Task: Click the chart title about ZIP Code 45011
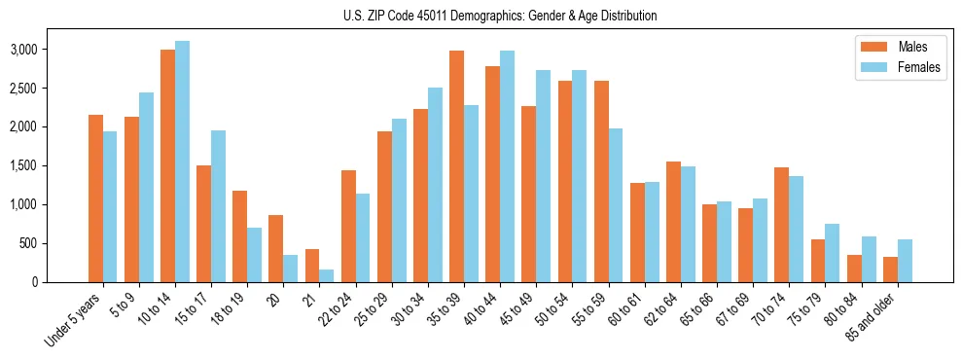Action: tap(500, 16)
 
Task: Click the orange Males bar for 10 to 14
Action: tap(167, 165)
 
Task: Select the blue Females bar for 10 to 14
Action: tap(182, 162)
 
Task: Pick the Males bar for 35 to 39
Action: tap(456, 165)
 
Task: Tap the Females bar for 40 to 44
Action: tap(507, 165)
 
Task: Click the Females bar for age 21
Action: tap(326, 275)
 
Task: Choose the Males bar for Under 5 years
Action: tap(95, 198)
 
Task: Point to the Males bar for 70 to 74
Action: tap(781, 225)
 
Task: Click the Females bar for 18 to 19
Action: tap(254, 255)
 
